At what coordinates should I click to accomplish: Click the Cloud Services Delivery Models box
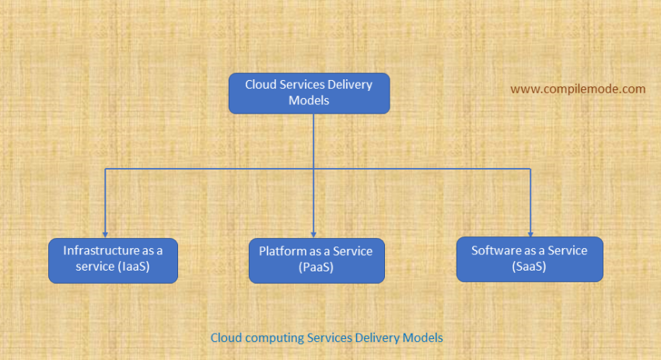(x=309, y=93)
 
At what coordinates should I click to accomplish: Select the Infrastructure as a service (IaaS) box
(x=114, y=260)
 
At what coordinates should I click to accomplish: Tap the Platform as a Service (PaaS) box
(x=316, y=260)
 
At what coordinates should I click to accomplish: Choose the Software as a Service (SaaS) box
(x=530, y=259)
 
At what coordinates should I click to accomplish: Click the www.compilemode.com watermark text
(x=578, y=89)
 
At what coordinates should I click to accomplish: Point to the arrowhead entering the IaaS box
(x=105, y=234)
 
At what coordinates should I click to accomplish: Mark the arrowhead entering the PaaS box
(x=314, y=234)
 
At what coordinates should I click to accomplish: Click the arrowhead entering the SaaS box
(x=531, y=233)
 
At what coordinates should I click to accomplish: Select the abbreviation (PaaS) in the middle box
(x=316, y=267)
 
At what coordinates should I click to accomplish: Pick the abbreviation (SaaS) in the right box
(x=530, y=266)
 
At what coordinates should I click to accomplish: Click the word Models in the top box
(x=309, y=100)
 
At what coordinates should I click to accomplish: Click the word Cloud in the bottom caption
(x=226, y=338)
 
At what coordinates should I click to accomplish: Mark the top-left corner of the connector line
(x=105, y=168)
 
